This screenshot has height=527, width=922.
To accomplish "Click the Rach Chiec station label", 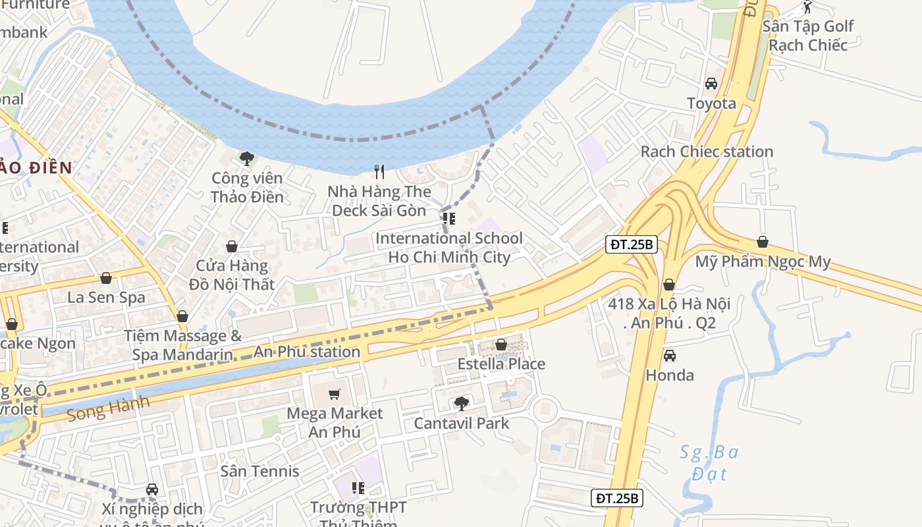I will pos(707,152).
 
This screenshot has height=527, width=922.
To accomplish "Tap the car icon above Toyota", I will pos(711,84).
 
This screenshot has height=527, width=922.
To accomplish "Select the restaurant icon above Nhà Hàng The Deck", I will pos(379,172).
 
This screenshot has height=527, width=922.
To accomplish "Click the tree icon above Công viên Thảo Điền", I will pos(247,158).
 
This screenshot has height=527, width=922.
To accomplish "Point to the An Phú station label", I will pos(307,352).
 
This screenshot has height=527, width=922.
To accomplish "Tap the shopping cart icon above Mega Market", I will pos(335,394).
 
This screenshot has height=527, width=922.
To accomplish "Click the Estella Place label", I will pos(501,364).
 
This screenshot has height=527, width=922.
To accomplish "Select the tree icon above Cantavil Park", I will pos(462,403).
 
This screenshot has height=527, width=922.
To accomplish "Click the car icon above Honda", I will pos(669,356).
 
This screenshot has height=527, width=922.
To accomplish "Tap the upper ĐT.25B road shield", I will pos(632,245).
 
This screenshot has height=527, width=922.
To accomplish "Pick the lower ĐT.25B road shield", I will pos(616,498).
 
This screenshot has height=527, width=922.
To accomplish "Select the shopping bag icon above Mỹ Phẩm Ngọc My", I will pos(763,242).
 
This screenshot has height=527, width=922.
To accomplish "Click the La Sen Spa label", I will pos(106,297).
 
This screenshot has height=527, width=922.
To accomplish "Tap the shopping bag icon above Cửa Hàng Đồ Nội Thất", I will pos(232,246).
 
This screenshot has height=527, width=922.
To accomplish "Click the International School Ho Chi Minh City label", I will pos(449,248).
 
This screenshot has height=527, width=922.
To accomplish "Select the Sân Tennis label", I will pos(259,471).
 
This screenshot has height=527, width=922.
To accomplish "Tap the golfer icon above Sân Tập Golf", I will pos(807,7).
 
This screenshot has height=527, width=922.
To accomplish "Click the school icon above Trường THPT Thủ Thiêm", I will pos(358,488).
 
